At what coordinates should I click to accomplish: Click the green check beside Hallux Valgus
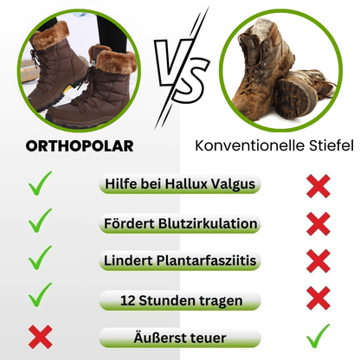(40, 183)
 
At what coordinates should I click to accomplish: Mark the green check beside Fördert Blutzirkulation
(40, 222)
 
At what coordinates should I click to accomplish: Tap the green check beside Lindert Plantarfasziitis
(40, 259)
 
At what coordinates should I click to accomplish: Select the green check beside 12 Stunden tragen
(40, 296)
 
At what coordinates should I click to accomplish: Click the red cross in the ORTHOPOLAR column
(40, 336)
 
